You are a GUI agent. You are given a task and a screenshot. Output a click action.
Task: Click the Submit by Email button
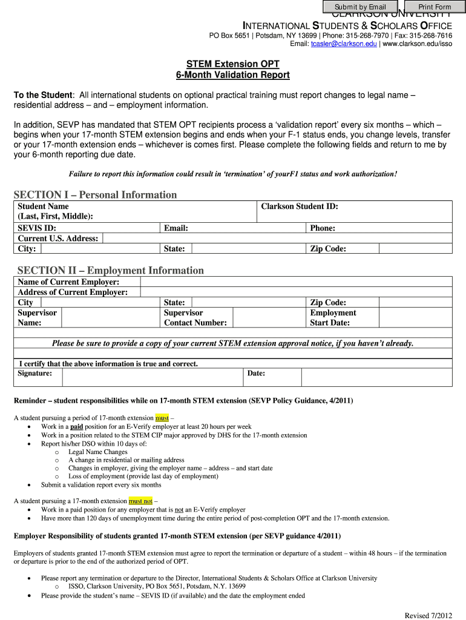coord(360,7)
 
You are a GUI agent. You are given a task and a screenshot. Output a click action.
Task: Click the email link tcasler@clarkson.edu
coord(343,44)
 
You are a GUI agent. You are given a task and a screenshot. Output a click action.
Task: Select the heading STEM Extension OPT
coord(232,64)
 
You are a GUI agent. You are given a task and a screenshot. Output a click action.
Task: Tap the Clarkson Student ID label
coord(299,206)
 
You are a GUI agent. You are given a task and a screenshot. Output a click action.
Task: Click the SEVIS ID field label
coord(37,228)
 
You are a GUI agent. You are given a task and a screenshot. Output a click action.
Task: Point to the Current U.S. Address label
coord(57,239)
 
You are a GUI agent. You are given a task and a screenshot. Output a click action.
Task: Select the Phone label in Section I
coord(323,228)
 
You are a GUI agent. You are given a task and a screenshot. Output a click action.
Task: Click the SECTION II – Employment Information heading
coord(110,270)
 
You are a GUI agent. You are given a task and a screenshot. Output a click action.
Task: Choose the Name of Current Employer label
coord(68,282)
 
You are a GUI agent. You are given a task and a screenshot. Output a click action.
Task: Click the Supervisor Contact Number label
coord(195,318)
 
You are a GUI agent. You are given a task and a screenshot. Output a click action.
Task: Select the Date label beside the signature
coord(256,374)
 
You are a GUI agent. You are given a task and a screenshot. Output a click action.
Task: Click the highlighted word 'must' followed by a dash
coord(162,418)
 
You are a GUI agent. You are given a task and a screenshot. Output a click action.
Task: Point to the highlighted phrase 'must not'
coord(140,501)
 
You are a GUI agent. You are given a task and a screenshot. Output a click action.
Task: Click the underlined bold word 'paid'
coord(76,426)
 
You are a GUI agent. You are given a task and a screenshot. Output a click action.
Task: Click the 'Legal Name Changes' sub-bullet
coord(97,452)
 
